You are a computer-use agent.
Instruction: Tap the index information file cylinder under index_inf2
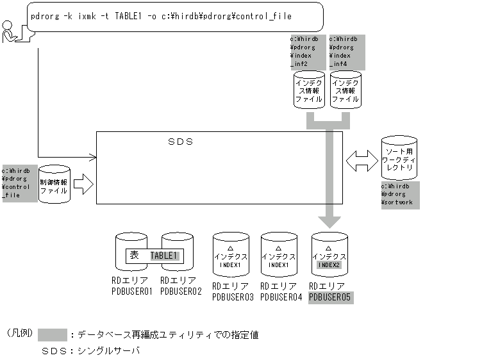[309, 91]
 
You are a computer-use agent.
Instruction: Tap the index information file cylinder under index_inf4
[345, 91]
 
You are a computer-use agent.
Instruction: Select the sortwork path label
[400, 195]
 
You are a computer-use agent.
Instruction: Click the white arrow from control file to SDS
[83, 186]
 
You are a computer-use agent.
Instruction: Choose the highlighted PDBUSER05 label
[331, 297]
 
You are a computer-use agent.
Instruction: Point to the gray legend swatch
[53, 335]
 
